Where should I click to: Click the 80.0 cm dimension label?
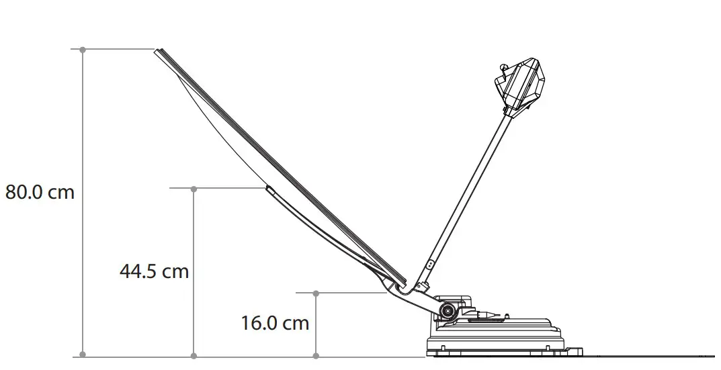pyautogui.click(x=40, y=192)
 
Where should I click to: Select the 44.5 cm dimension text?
pyautogui.click(x=154, y=271)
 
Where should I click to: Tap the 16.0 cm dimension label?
pyautogui.click(x=275, y=323)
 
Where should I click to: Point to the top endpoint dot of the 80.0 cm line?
pyautogui.click(x=83, y=50)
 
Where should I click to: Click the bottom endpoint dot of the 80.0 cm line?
pyautogui.click(x=83, y=355)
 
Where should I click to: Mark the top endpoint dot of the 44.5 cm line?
pyautogui.click(x=194, y=189)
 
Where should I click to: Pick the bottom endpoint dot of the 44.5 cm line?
pyautogui.click(x=194, y=355)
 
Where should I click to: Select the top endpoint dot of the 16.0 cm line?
pyautogui.click(x=316, y=293)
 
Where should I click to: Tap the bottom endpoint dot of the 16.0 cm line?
pyautogui.click(x=316, y=355)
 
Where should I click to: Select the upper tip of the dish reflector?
pyautogui.click(x=158, y=52)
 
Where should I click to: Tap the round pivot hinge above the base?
pyautogui.click(x=446, y=310)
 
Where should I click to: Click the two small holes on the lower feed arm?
pyautogui.click(x=430, y=267)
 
